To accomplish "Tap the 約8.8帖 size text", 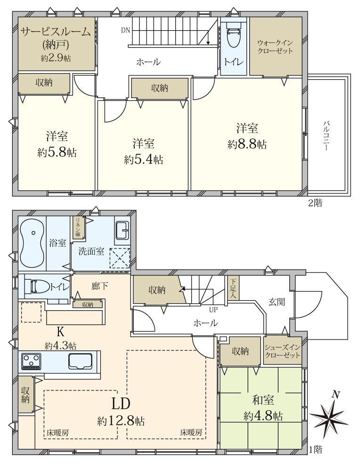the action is pyautogui.click(x=247, y=145).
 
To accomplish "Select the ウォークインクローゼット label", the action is pyautogui.click(x=275, y=47).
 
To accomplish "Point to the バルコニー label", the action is pyautogui.click(x=326, y=135).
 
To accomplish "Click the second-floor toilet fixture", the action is pyautogui.click(x=234, y=35).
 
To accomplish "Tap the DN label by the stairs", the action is pyautogui.click(x=125, y=30).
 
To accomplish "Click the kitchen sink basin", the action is pyautogui.click(x=81, y=361).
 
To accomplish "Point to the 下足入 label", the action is pyautogui.click(x=233, y=288).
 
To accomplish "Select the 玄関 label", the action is pyautogui.click(x=277, y=302).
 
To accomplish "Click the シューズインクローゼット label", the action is pyautogui.click(x=283, y=351).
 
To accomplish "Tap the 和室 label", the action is pyautogui.click(x=263, y=400).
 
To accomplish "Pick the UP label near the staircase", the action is pyautogui.click(x=213, y=310).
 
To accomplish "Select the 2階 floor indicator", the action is pyautogui.click(x=315, y=203).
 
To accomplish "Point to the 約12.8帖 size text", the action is pyautogui.click(x=121, y=420).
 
